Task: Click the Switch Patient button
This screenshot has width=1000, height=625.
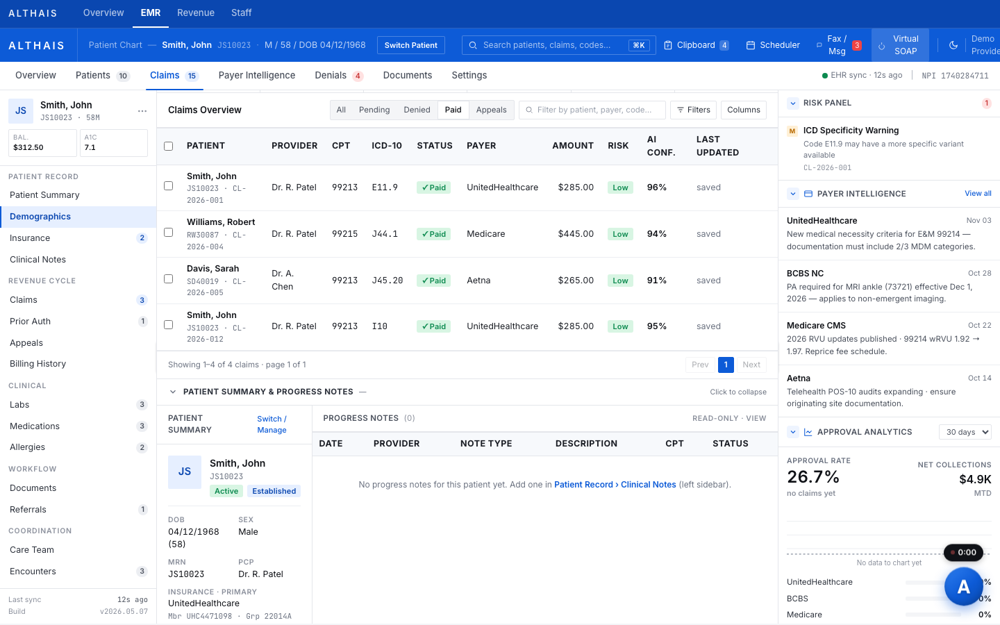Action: (x=410, y=45)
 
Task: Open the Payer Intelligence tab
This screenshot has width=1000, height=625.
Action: (x=257, y=75)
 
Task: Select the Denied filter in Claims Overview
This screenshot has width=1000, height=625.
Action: (x=417, y=110)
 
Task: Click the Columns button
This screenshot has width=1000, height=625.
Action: (x=743, y=110)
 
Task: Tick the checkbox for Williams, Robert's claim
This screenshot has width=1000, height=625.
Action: (x=168, y=232)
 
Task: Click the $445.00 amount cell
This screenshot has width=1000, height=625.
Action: (x=576, y=234)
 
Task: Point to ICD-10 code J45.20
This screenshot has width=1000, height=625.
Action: (x=387, y=281)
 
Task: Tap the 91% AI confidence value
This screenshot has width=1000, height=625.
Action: (x=657, y=281)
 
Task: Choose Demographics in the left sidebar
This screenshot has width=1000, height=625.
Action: (x=40, y=217)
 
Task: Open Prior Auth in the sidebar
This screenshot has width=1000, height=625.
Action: (x=30, y=321)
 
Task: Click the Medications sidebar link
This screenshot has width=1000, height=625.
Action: (x=35, y=426)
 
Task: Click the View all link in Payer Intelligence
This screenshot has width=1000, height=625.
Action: (x=978, y=193)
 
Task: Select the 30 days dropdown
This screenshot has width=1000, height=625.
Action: (x=965, y=432)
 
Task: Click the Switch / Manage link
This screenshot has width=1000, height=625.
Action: (x=272, y=424)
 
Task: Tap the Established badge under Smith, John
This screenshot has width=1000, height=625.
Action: (x=274, y=491)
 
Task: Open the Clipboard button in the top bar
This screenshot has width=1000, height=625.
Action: (x=697, y=45)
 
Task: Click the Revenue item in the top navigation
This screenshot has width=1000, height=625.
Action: (x=196, y=13)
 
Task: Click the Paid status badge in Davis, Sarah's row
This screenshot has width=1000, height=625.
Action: (x=433, y=281)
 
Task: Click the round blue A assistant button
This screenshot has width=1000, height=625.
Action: (x=963, y=586)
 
